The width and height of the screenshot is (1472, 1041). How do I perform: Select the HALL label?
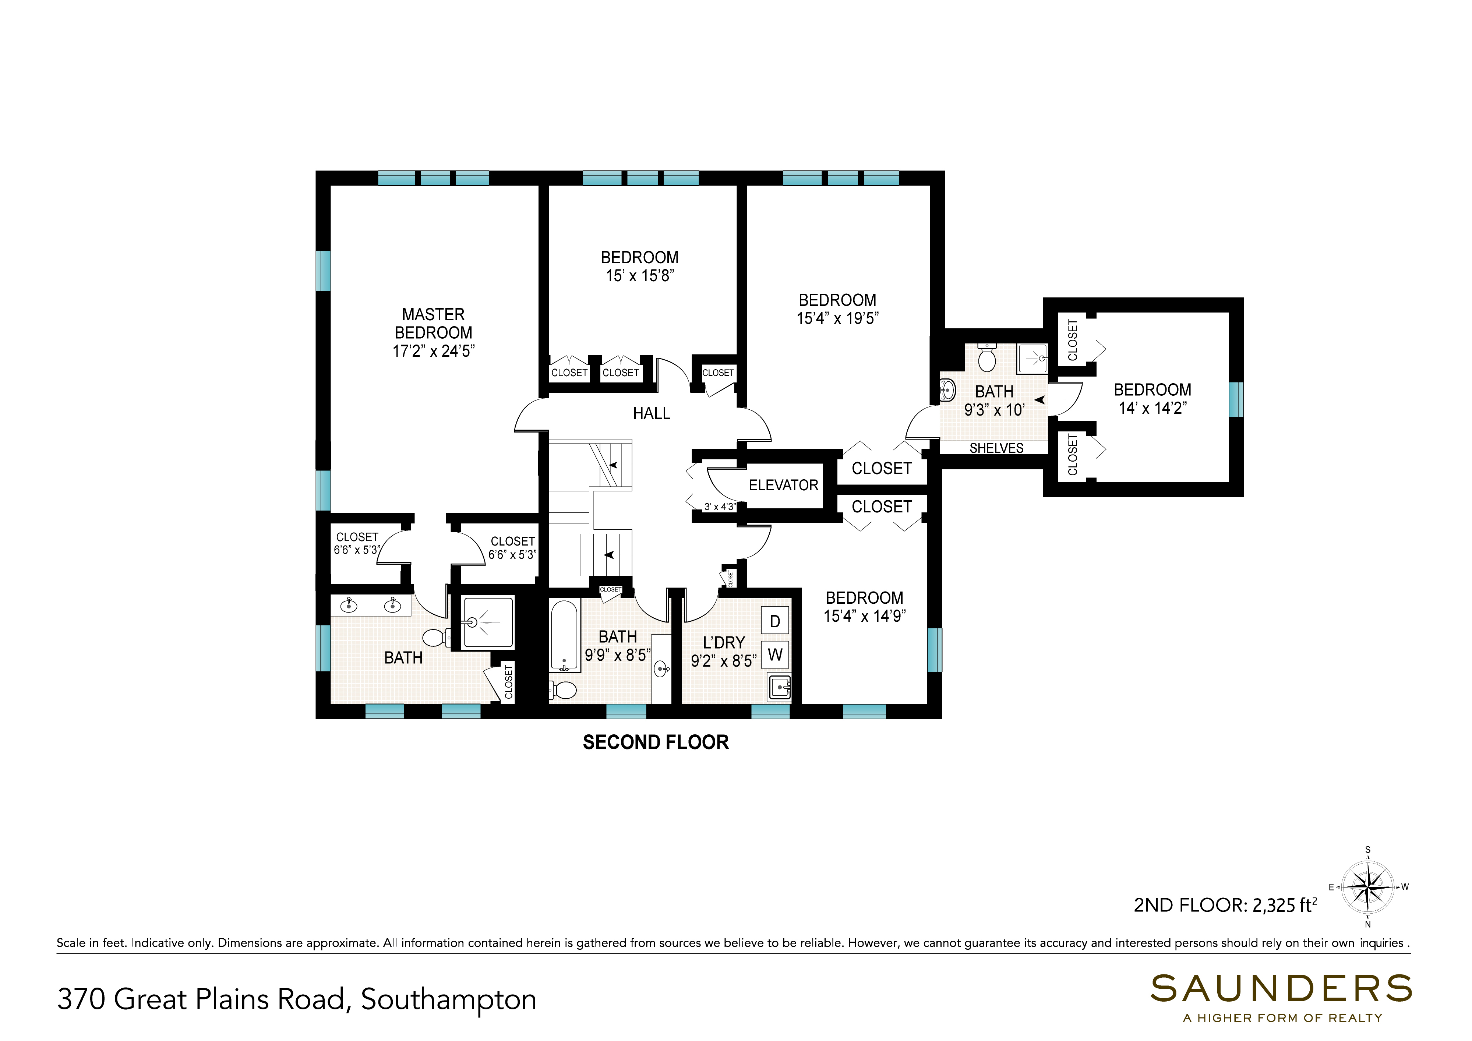click(652, 413)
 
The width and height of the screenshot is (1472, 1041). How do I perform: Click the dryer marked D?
click(775, 621)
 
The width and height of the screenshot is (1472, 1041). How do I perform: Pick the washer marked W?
click(775, 654)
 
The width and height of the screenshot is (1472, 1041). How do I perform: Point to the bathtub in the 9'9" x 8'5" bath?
click(564, 635)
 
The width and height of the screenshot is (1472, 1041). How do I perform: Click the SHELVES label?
click(996, 448)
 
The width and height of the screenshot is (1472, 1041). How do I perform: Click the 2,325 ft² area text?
click(1284, 905)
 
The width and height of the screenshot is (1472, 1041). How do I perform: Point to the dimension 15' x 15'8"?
click(640, 276)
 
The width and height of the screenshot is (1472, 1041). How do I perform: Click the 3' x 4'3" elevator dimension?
click(719, 507)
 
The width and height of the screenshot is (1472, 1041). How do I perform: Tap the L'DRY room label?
click(724, 642)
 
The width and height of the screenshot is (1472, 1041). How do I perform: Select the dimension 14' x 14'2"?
click(1153, 408)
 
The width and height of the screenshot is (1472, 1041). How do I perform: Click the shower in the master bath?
click(488, 622)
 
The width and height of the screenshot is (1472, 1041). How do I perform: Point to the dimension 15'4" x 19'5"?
click(837, 318)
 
